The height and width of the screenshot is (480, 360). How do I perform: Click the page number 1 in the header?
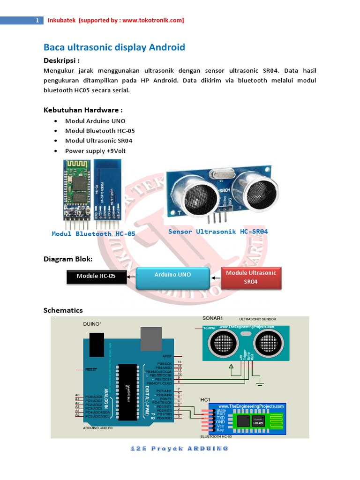click(37, 21)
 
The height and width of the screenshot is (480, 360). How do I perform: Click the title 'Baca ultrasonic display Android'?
click(114, 47)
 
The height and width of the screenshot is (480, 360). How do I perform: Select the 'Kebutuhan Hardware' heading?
click(83, 110)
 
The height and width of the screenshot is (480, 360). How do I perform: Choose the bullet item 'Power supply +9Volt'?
click(95, 151)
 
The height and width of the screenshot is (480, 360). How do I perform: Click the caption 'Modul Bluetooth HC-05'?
click(93, 233)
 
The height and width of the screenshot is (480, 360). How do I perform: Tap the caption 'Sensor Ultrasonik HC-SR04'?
click(218, 232)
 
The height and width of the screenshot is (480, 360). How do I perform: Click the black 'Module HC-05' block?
click(96, 277)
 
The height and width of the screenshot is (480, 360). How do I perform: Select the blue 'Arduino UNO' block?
click(173, 277)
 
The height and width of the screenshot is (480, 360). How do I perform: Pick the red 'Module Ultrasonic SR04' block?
click(251, 277)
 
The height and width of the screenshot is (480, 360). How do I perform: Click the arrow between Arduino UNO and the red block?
click(215, 277)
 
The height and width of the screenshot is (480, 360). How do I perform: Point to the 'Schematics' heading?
click(63, 310)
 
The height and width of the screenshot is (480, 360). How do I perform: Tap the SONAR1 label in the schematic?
click(213, 318)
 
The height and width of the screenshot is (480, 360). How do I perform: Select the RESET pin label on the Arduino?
click(91, 369)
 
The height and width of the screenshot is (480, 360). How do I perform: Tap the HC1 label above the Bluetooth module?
click(205, 399)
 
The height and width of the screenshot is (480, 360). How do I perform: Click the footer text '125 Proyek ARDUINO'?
click(180, 449)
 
